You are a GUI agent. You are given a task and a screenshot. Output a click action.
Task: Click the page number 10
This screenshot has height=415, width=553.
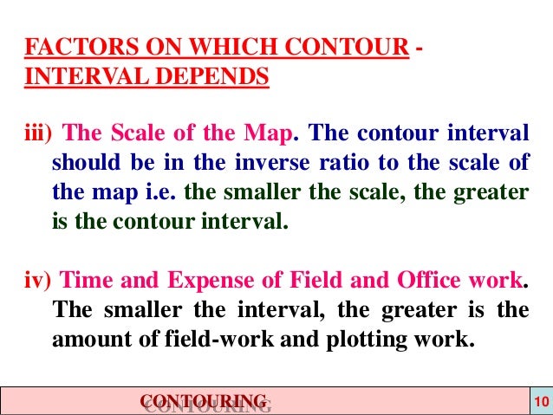coord(540,401)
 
